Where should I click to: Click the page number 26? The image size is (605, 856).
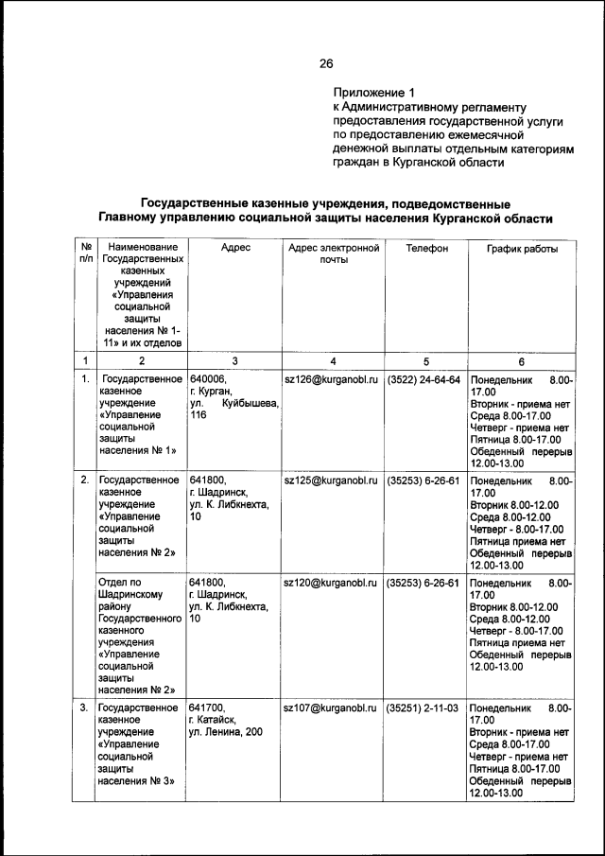pos(326,63)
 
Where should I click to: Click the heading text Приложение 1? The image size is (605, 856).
pos(373,93)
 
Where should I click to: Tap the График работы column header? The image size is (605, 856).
pos(522,248)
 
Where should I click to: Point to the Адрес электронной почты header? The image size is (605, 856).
pos(332,253)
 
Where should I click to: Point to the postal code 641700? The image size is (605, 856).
pos(208,708)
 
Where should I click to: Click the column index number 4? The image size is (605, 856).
pos(332,360)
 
